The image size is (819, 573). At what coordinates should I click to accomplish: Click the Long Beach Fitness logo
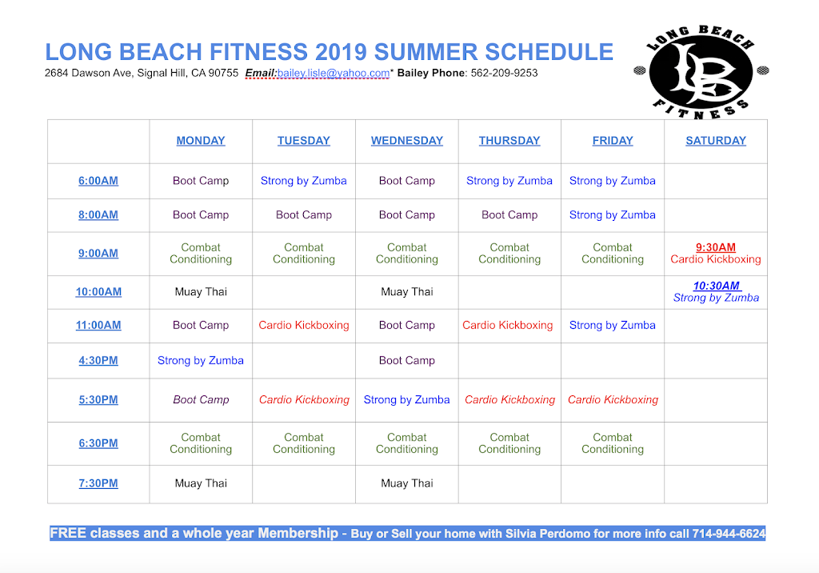click(701, 71)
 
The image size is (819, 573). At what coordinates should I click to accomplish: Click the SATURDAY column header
click(715, 141)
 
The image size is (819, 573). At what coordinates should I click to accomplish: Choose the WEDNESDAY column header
click(406, 141)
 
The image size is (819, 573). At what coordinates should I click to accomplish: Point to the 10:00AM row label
click(98, 292)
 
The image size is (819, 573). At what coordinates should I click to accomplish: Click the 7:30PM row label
click(98, 483)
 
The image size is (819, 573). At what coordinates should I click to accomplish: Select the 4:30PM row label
click(98, 361)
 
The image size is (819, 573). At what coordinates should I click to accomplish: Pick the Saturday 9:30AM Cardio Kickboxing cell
click(715, 253)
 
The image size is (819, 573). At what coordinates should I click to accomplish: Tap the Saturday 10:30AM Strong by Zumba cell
click(715, 291)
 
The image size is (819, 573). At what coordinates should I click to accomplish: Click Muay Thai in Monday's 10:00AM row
click(201, 292)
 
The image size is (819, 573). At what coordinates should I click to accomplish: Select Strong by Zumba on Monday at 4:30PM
click(201, 361)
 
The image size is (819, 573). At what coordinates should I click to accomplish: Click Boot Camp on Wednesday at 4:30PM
click(406, 361)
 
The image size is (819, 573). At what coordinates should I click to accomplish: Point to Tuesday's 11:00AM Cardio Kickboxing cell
click(304, 326)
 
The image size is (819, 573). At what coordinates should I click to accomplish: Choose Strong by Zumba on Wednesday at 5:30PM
click(406, 400)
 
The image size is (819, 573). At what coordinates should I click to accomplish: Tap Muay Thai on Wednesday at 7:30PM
click(406, 483)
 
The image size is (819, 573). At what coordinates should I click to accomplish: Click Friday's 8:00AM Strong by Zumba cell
click(612, 215)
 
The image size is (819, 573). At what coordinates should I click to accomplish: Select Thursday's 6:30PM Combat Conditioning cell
click(509, 443)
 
